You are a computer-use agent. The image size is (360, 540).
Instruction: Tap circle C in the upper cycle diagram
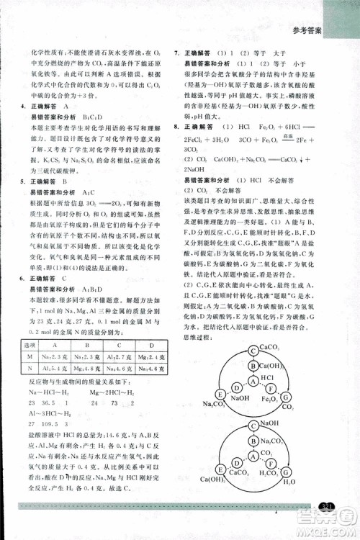[253, 351]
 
